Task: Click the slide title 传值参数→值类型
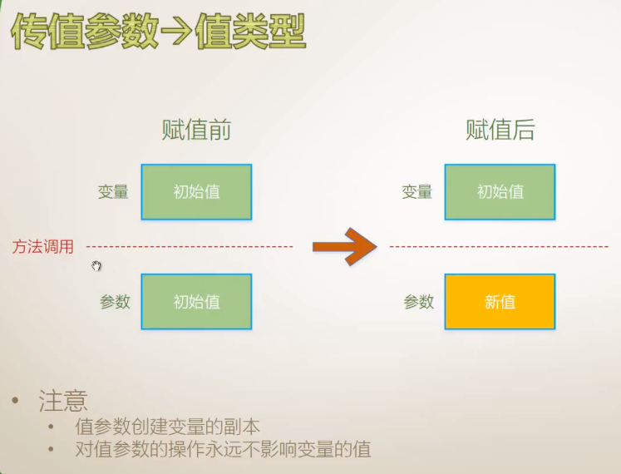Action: point(158,33)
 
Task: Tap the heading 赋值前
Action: point(195,130)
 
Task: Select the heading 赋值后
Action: point(500,130)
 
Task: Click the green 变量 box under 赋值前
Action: point(196,192)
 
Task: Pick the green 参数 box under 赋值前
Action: point(196,302)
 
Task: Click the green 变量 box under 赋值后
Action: point(500,192)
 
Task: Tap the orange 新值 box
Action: point(500,302)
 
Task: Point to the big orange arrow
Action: point(344,246)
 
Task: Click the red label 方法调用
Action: point(43,247)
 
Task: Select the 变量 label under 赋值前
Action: point(113,192)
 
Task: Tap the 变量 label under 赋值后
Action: point(417,192)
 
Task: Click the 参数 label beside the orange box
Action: point(419,302)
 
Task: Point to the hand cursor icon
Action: point(96,265)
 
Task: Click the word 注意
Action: point(63,402)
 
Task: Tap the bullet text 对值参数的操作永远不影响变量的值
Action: point(223,450)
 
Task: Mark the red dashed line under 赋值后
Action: point(499,247)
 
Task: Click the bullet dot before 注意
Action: point(16,402)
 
